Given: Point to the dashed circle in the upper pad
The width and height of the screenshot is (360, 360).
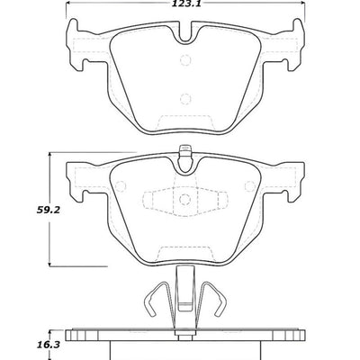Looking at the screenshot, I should point(185,62).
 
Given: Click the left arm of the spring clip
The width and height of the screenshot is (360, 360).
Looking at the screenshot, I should point(154,305).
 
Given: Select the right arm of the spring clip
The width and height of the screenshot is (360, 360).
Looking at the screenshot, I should point(216,305).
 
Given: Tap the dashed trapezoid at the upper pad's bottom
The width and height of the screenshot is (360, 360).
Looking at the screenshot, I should point(185,121).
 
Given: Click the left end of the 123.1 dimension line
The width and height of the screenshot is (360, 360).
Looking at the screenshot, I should point(67,11).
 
